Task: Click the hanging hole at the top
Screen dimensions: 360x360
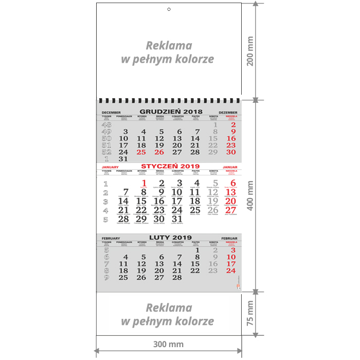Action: tap(169, 10)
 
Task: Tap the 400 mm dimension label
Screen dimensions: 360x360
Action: tap(250, 195)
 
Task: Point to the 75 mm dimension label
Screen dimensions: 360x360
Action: tap(250, 314)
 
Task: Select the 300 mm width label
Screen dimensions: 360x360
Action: tap(168, 344)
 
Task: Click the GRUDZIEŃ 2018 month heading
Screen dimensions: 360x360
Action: tap(171, 112)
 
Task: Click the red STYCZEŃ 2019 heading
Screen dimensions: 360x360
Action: tap(170, 166)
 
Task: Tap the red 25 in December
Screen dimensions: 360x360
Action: tap(141, 152)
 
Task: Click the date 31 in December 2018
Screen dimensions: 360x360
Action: tap(123, 159)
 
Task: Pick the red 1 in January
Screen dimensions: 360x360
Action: tap(144, 183)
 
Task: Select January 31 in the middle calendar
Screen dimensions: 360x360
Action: tap(177, 219)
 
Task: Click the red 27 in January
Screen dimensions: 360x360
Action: tap(230, 210)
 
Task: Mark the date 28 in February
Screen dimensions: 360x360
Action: tap(177, 277)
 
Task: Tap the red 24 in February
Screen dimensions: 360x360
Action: tap(230, 271)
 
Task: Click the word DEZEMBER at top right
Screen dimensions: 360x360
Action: tap(228, 112)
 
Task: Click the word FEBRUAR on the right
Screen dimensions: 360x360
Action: tap(229, 238)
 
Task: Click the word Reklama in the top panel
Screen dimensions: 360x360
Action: tap(169, 46)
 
